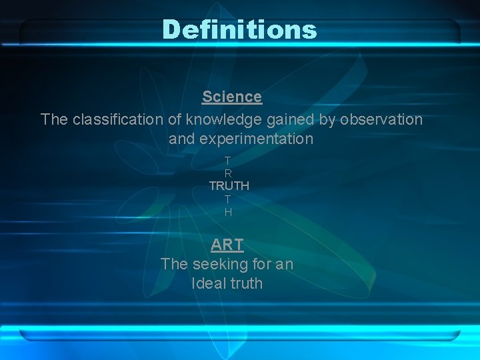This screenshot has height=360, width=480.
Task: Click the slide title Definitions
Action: (239, 29)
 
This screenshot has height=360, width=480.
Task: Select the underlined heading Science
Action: (232, 97)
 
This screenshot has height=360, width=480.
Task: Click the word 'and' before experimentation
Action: (181, 139)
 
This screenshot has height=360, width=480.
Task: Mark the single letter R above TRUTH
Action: (228, 173)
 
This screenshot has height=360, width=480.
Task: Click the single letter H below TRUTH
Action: (228, 213)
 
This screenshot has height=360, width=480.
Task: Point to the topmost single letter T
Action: (228, 161)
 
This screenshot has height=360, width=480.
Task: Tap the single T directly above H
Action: (228, 199)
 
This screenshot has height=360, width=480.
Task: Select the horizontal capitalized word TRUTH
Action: (229, 186)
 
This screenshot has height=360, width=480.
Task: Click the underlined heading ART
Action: (227, 245)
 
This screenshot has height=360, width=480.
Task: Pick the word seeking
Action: (215, 264)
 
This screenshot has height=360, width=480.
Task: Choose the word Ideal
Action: (209, 283)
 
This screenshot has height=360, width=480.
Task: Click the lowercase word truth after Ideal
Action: (247, 283)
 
